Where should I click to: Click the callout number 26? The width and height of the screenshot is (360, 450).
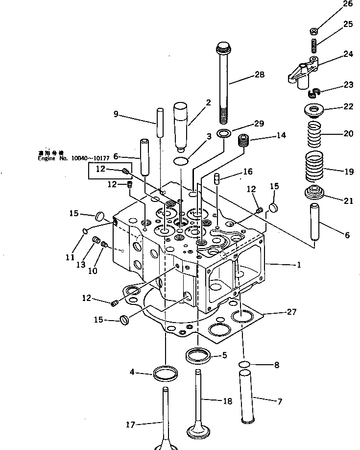(x=348, y=4)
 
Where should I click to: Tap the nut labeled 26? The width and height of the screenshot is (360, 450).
(x=313, y=31)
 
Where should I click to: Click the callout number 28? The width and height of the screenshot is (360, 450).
(x=259, y=75)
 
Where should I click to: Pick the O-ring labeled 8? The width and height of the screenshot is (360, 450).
(x=245, y=364)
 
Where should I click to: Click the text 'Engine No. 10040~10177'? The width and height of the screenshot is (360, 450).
(x=69, y=158)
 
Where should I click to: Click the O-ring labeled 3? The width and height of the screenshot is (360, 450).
(x=181, y=161)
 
